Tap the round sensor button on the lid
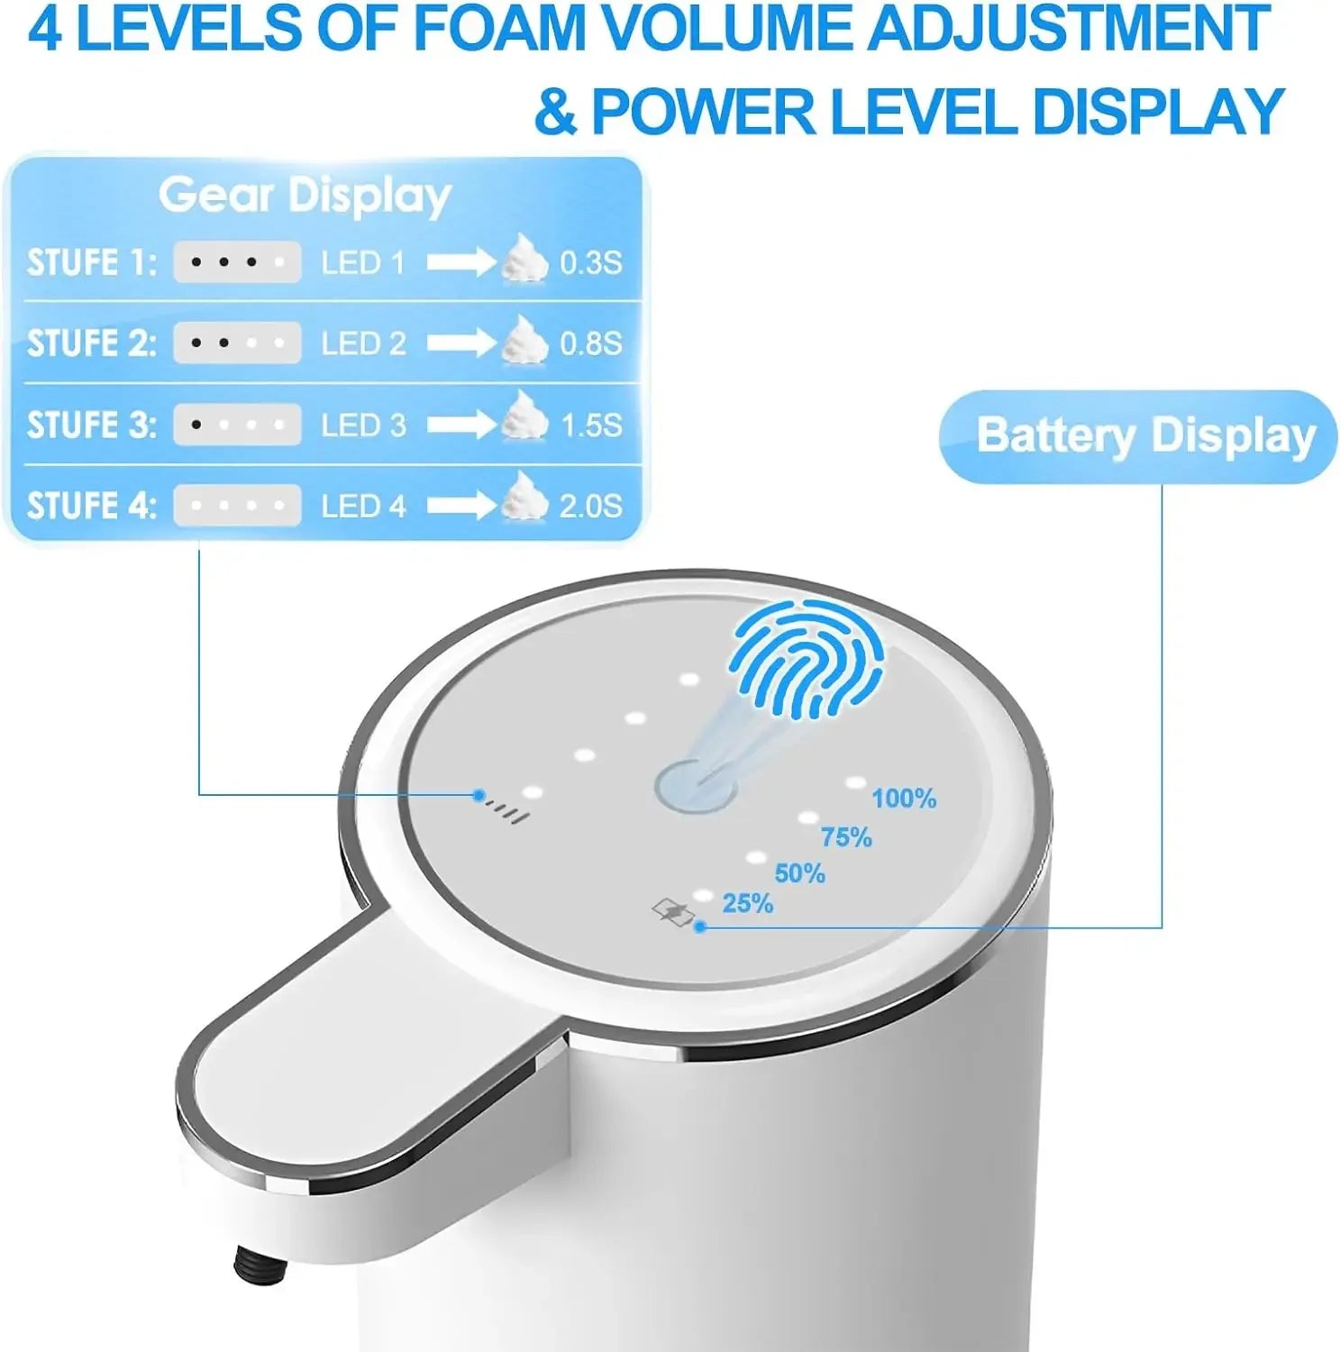point(694,788)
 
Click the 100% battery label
point(904,799)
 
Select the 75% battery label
point(846,837)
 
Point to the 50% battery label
point(799,872)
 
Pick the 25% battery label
point(747,903)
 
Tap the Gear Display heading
point(305,196)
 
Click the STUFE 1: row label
point(91,262)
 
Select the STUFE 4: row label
point(91,506)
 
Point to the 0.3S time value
point(591,262)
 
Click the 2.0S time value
point(591,506)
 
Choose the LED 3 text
point(363,425)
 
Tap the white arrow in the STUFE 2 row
point(460,343)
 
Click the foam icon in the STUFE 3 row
point(524,416)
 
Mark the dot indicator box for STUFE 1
point(237,262)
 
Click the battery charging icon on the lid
point(673,912)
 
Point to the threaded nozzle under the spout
point(260,1265)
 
